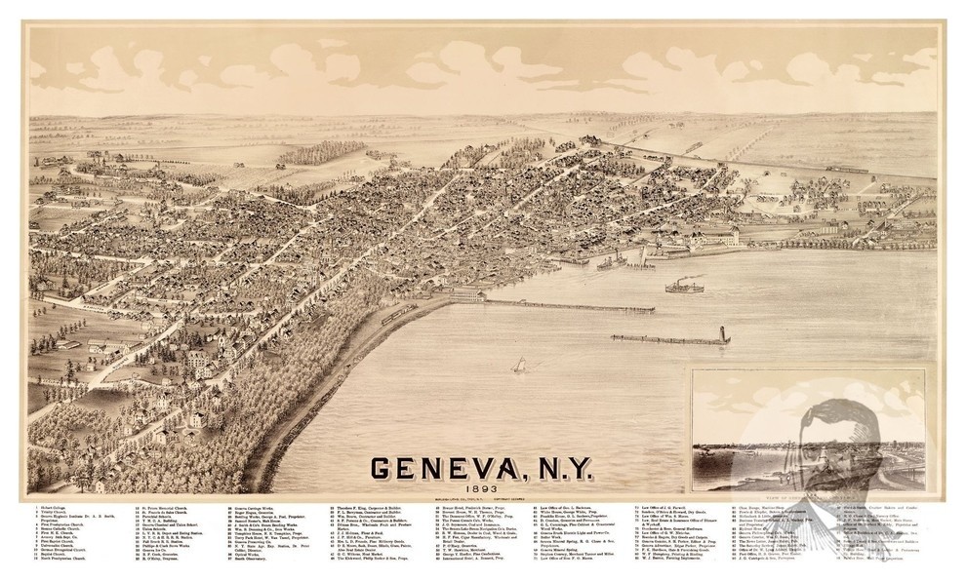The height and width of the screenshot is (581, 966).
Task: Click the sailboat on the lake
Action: tap(520, 365)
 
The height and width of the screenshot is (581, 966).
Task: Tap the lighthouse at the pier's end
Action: tap(723, 334)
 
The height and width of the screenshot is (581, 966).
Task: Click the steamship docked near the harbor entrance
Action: tap(611, 260)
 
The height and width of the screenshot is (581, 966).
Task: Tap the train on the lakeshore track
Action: tap(397, 313)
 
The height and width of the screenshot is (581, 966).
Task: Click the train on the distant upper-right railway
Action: tap(846, 170)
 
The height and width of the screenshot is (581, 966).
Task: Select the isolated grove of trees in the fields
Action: tap(311, 153)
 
